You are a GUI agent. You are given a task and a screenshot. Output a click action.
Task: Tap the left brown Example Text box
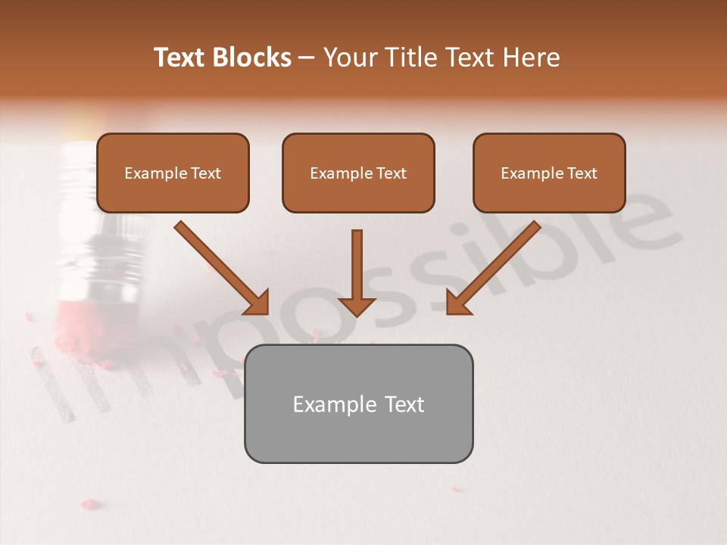(173, 173)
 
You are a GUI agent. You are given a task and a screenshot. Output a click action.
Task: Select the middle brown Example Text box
(358, 173)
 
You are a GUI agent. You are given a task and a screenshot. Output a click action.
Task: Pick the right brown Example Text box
(549, 173)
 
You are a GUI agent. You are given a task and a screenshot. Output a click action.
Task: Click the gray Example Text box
(358, 403)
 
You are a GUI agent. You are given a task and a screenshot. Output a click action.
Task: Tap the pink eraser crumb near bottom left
(89, 503)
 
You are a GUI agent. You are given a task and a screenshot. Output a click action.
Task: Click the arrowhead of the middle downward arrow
(357, 305)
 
